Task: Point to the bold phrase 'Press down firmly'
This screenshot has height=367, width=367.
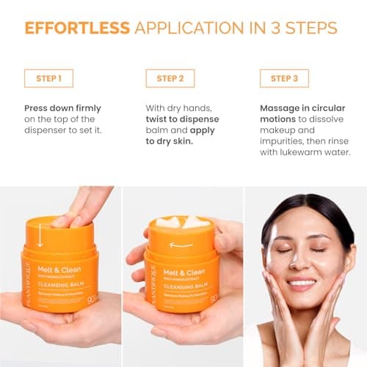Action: pyautogui.click(x=62, y=108)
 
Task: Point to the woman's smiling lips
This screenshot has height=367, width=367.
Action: pyautogui.click(x=301, y=282)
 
